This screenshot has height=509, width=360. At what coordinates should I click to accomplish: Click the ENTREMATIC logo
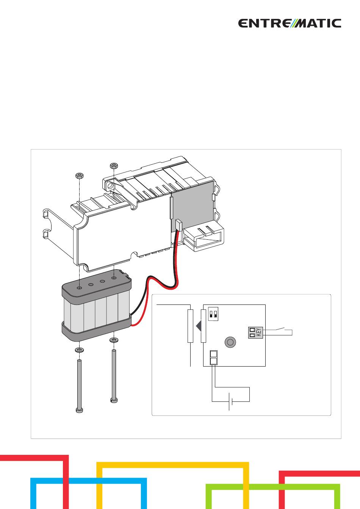290,23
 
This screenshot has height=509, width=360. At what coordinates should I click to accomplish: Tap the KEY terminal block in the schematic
255,333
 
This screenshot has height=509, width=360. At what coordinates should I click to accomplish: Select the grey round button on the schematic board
230,342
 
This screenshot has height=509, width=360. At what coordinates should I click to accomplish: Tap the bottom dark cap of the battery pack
97,331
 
